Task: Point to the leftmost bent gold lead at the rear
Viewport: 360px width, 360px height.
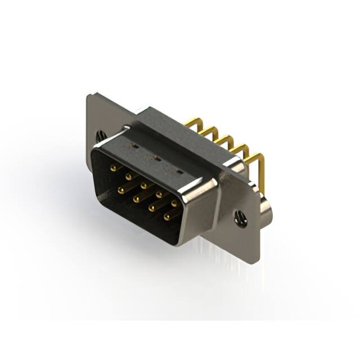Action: [194, 121]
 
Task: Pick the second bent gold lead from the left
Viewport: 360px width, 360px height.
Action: [209, 130]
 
